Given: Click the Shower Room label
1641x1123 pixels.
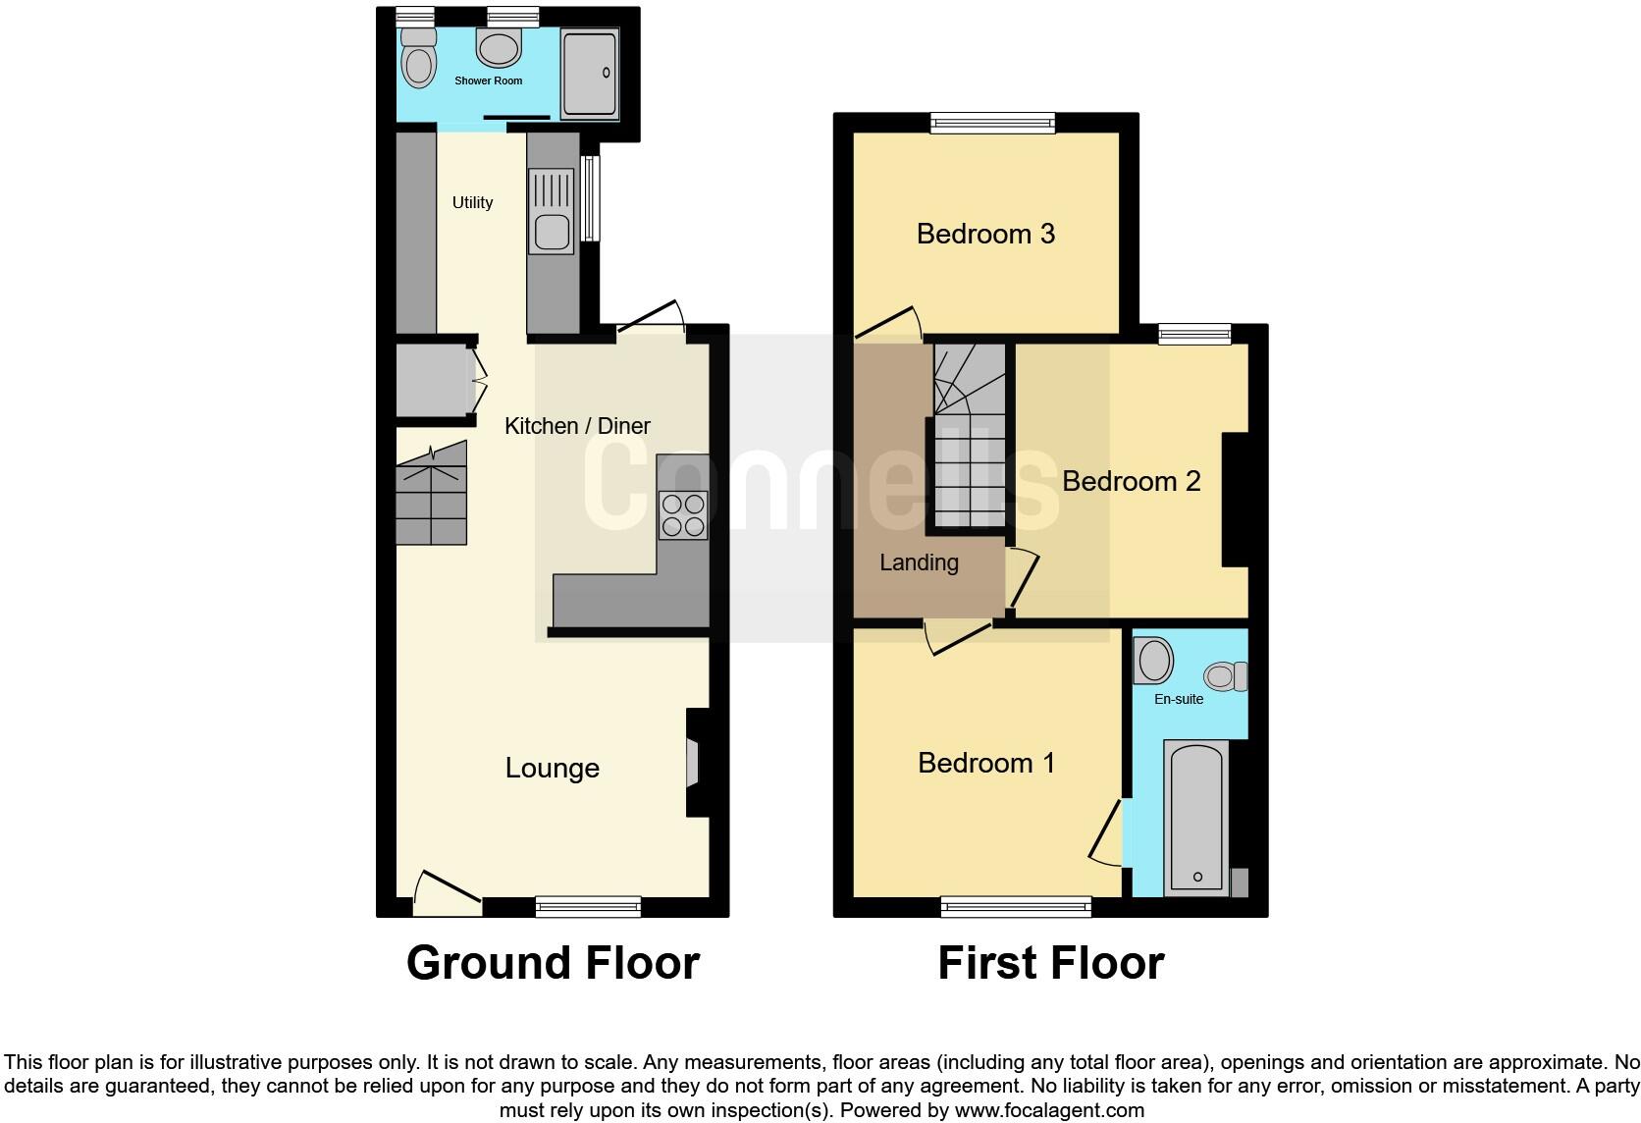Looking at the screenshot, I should [488, 80].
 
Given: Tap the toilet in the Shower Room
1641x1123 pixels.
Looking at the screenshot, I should [418, 61].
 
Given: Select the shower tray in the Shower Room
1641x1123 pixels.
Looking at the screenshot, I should [589, 74].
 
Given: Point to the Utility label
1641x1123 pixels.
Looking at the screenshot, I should [472, 202].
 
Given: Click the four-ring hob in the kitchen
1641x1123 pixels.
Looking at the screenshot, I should [682, 514].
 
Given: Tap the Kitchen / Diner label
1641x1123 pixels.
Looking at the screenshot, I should [577, 426].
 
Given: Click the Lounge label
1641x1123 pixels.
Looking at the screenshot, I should [552, 768].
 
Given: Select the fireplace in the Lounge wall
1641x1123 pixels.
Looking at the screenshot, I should [693, 763].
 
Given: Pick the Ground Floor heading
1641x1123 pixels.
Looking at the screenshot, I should [553, 963].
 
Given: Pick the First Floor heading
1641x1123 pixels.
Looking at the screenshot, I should [1050, 963].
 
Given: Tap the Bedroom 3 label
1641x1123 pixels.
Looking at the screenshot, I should [985, 234].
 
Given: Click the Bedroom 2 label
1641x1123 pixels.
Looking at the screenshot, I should [1131, 481].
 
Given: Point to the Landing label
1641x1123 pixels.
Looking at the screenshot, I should [919, 562].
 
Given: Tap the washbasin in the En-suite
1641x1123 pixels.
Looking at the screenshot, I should [1153, 661].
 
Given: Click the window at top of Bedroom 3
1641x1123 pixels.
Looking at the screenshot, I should [992, 123].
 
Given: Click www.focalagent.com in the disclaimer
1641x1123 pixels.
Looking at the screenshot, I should [1049, 1110].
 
